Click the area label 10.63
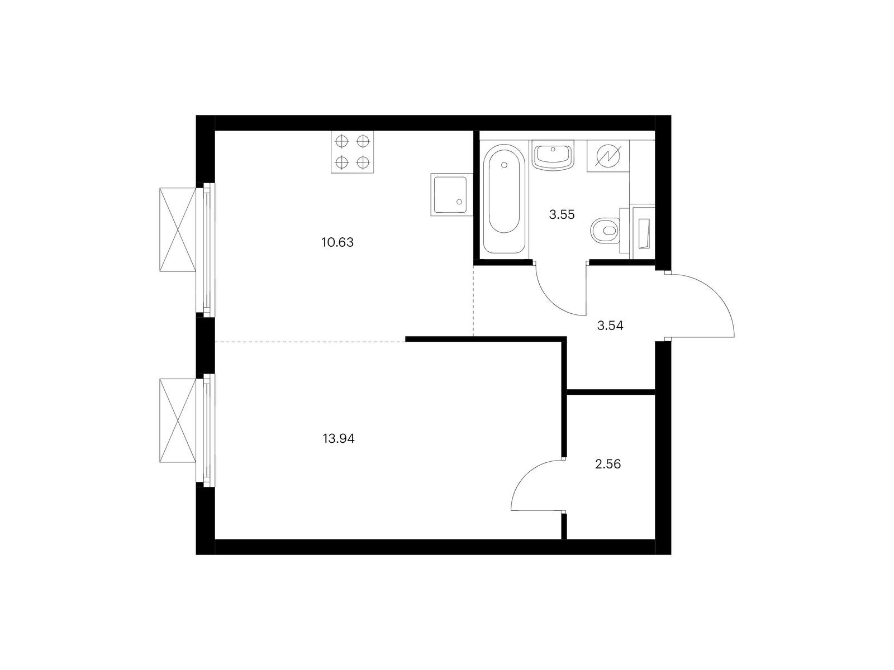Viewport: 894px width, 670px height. tap(337, 242)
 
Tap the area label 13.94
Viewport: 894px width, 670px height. tap(339, 438)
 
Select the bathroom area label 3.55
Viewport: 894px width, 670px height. tap(562, 214)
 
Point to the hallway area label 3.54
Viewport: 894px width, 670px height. tap(610, 326)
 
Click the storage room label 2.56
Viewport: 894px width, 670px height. tap(608, 464)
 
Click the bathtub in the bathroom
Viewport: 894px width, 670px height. tap(504, 200)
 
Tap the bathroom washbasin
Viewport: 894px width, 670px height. tap(553, 155)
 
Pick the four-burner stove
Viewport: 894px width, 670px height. tap(353, 152)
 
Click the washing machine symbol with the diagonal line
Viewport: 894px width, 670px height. tap(608, 156)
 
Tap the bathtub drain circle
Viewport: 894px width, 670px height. tap(504, 165)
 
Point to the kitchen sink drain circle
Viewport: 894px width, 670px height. tap(459, 202)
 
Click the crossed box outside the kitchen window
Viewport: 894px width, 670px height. tap(178, 229)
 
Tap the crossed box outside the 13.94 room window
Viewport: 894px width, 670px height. tap(178, 420)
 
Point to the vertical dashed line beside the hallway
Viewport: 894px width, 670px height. tap(473, 301)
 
